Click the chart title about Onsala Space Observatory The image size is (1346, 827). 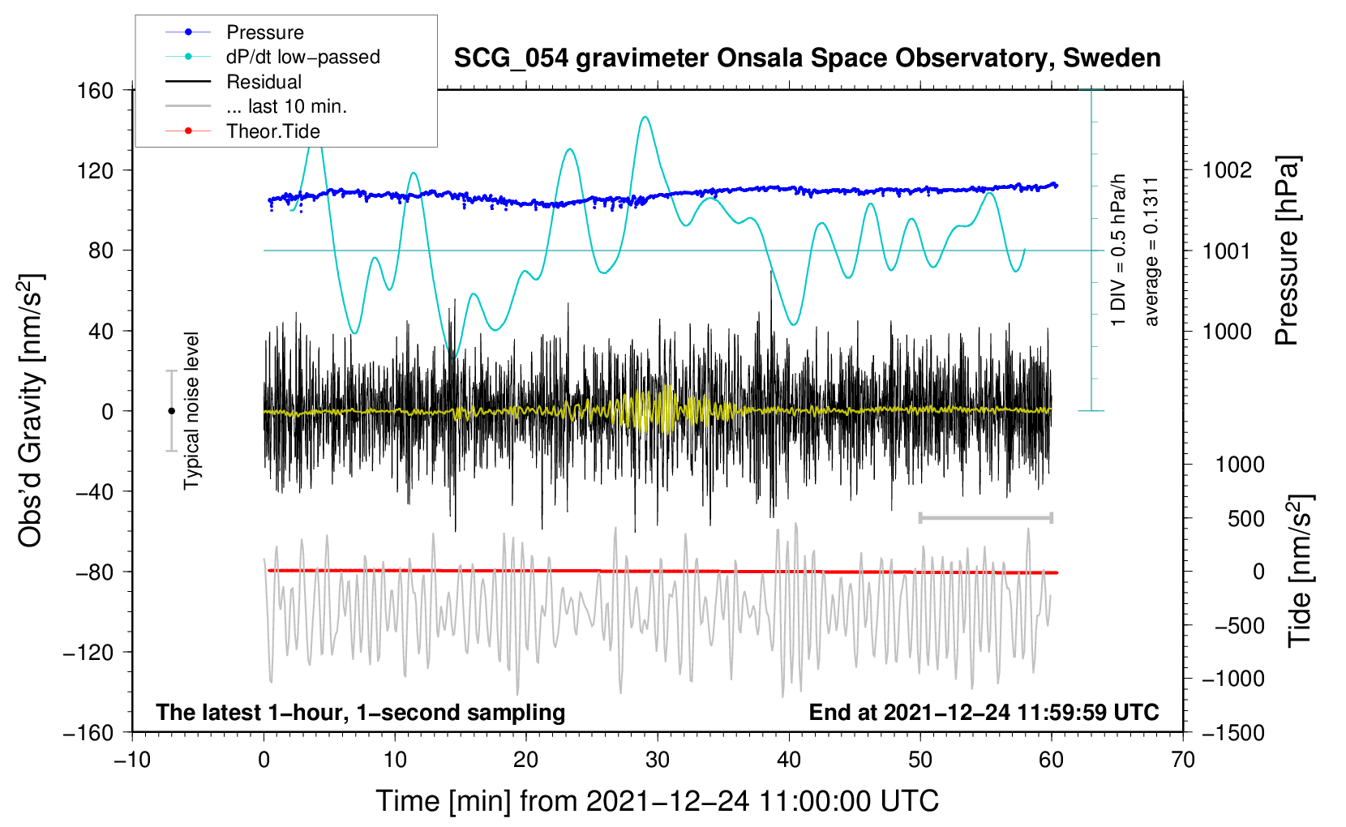click(x=807, y=58)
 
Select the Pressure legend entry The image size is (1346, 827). click(x=264, y=32)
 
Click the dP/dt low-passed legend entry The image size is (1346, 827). click(x=302, y=57)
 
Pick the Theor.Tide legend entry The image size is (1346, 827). click(x=272, y=131)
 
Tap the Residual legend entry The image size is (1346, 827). click(x=264, y=82)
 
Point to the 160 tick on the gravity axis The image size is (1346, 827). click(x=96, y=90)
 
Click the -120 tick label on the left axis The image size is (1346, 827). click(x=88, y=652)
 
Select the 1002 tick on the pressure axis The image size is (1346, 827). click(x=1227, y=170)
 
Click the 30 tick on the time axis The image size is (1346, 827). click(x=658, y=760)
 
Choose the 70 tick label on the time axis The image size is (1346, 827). click(x=1183, y=760)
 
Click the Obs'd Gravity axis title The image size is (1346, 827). click(x=31, y=410)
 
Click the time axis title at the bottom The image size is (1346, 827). click(x=657, y=801)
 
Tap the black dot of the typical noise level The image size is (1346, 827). click(x=171, y=411)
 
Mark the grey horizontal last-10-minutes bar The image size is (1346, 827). click(x=985, y=517)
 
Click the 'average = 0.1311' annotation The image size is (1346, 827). click(x=1151, y=251)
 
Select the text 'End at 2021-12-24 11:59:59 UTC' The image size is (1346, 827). click(x=984, y=713)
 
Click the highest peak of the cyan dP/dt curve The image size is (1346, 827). click(x=645, y=117)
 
